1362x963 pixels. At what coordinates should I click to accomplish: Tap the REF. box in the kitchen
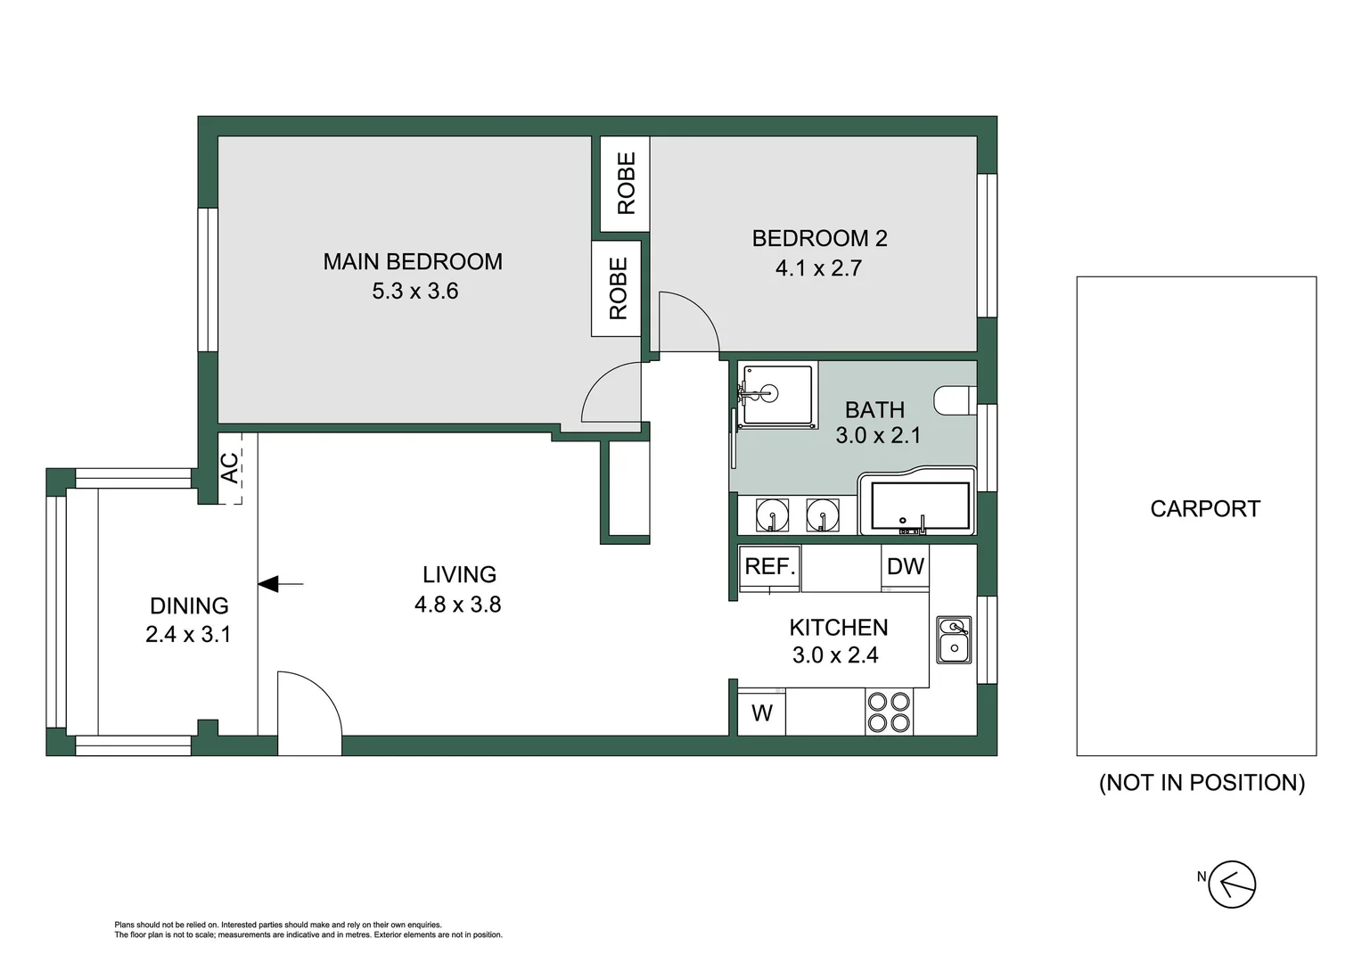click(770, 567)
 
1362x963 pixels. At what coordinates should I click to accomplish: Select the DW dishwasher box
click(906, 567)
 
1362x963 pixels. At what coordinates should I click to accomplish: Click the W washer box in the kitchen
click(761, 713)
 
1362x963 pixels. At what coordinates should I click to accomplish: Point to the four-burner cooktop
click(889, 712)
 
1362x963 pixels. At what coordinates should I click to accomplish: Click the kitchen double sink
click(954, 639)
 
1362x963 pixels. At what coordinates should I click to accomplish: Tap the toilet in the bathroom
click(956, 401)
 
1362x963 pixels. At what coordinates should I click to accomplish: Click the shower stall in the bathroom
click(776, 394)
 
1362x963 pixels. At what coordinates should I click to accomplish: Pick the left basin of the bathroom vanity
click(772, 515)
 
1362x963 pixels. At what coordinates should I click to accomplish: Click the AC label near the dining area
click(230, 468)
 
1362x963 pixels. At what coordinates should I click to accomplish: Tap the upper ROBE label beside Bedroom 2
click(626, 183)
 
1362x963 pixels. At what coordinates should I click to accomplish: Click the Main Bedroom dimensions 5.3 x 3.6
click(414, 292)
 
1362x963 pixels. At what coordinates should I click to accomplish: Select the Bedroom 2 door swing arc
click(689, 321)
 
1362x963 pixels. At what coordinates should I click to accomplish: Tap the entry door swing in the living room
click(309, 704)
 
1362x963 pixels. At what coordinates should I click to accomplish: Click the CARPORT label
click(1204, 509)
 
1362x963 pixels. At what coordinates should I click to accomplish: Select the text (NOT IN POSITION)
click(1202, 783)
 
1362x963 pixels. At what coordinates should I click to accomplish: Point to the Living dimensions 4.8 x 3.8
click(457, 605)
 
